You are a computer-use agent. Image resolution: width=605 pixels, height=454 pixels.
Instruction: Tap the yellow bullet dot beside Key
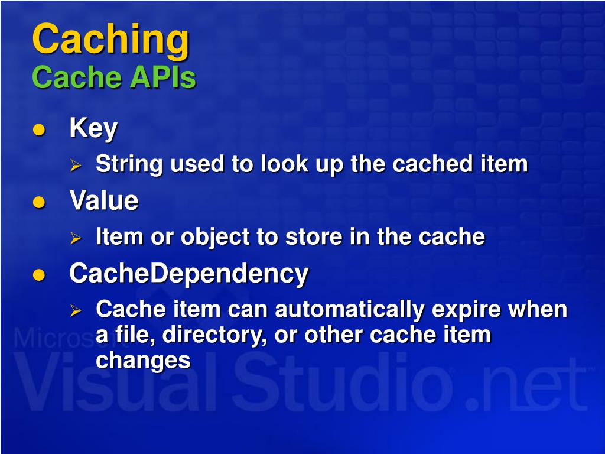click(39, 131)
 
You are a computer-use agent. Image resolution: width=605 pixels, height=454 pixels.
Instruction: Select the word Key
click(93, 129)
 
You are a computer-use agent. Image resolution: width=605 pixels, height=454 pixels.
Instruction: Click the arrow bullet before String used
click(75, 166)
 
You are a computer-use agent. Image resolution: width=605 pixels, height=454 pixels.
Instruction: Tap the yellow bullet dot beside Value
click(39, 203)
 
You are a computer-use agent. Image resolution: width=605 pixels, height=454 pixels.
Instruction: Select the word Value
click(104, 201)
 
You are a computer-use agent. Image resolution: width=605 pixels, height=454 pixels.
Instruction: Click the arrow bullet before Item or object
click(75, 238)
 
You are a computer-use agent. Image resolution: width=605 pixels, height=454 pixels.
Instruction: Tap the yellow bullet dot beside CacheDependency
click(39, 275)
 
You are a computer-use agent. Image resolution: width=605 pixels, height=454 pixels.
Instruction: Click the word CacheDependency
click(188, 274)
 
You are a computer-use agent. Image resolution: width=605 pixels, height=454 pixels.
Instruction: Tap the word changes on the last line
click(142, 360)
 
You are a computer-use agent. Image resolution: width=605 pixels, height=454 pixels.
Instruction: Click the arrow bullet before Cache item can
click(75, 310)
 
